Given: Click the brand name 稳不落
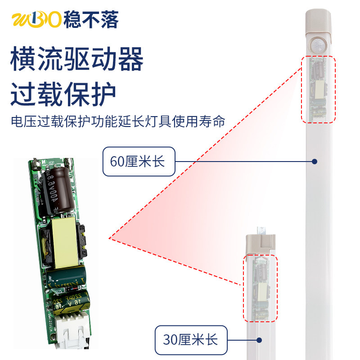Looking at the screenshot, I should [90, 20].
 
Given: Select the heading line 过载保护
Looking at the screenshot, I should [63, 93].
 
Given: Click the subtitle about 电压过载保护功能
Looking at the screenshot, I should [117, 121].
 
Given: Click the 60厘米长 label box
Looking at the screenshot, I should [138, 161].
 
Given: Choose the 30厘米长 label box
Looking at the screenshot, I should [190, 339].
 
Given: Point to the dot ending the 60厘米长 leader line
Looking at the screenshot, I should [315, 161].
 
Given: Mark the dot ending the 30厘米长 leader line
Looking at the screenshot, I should [259, 339].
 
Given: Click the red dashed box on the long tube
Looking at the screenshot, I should [318, 89].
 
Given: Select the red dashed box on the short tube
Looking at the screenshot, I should [261, 288].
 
